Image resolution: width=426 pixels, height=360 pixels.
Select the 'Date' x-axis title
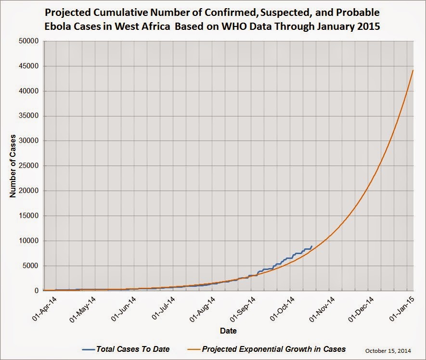(228, 331)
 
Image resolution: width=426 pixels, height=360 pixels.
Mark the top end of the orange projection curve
(413, 70)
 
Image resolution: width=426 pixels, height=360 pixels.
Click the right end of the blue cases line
(312, 246)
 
